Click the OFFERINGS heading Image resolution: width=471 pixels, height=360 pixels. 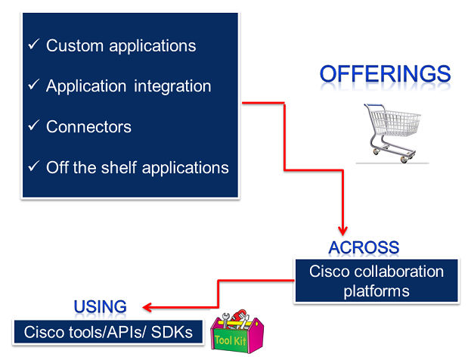pos(385,74)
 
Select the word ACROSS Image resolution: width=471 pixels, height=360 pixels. pos(364,247)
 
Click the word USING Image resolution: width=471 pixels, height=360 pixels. pos(100,306)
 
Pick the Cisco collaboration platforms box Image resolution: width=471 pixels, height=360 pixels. pos(376,281)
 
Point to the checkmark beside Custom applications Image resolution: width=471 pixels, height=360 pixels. pos(33,45)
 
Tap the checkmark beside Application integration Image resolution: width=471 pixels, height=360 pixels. pos(33,85)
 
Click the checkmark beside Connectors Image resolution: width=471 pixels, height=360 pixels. pos(33,126)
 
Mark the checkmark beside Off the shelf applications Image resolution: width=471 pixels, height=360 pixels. pos(33,166)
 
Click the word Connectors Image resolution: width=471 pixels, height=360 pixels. pos(88,126)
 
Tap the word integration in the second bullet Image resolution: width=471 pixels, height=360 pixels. pos(172,85)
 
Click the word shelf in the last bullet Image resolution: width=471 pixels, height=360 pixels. pos(115,166)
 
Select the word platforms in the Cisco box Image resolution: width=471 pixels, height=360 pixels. pos(376,290)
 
